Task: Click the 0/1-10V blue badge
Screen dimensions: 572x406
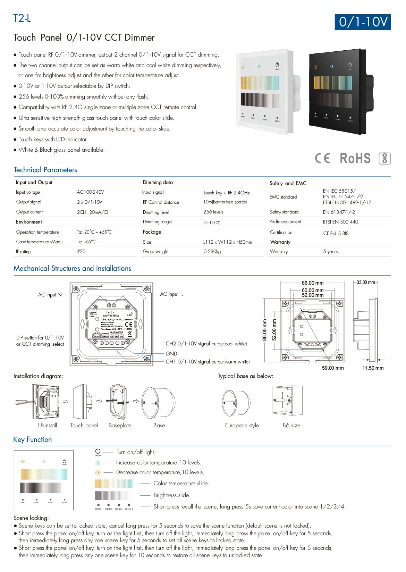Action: [x=362, y=22]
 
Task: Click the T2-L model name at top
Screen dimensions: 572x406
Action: [x=22, y=18]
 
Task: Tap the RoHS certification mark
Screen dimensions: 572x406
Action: [x=355, y=159]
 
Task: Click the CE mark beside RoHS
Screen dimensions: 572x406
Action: [x=322, y=158]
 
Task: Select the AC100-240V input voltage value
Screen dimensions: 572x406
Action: [x=90, y=192]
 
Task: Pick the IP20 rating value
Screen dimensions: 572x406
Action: [x=81, y=251]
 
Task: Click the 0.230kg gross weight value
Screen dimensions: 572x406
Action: [x=212, y=251]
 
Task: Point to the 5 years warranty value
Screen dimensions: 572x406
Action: [x=330, y=251]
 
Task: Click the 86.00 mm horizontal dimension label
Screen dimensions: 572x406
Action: [x=312, y=283]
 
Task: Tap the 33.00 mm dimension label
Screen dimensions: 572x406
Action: [x=366, y=282]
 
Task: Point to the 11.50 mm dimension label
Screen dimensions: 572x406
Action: [x=373, y=368]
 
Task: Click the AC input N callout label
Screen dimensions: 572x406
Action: [x=50, y=295]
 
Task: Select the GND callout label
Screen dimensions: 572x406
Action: [x=171, y=353]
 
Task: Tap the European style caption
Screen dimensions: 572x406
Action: [x=242, y=425]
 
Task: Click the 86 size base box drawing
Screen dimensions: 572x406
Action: [x=287, y=400]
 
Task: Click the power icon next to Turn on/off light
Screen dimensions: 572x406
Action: [x=98, y=451]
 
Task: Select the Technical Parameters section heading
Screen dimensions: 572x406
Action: [x=45, y=170]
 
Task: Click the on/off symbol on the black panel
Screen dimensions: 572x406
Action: [x=350, y=65]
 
